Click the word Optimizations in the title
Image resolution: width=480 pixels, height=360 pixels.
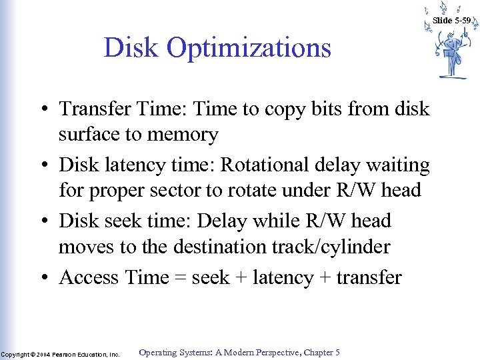(249, 48)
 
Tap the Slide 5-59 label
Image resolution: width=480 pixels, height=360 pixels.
(452, 21)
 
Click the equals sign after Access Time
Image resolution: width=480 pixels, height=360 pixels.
(180, 278)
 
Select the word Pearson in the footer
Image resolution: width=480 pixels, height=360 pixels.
(67, 355)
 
